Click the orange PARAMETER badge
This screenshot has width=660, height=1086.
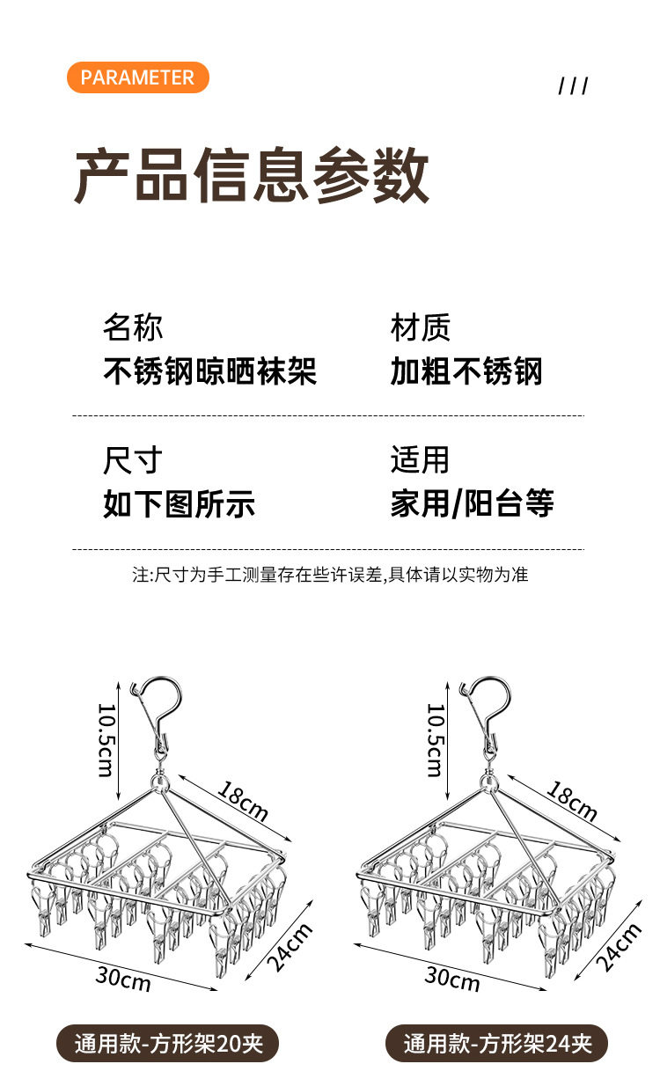pos(137,77)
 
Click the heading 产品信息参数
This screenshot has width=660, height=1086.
pos(252,176)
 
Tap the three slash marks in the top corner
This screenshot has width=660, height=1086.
pos(573,85)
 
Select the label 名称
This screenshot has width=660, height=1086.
pos(133,327)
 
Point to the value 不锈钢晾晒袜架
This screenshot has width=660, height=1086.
pos(209,371)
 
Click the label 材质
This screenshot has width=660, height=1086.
pos(421,327)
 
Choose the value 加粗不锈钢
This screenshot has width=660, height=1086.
pos(466,371)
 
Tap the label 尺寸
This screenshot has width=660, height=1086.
pos(133,460)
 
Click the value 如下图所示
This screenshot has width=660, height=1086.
pos(179,504)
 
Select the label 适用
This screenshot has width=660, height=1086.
pos(421,460)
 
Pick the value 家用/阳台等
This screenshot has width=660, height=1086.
pos(473,504)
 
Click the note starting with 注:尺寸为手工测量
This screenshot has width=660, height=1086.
pos(330,575)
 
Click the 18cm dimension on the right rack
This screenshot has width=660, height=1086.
pos(572,799)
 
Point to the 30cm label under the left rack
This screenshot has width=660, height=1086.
pos(123,978)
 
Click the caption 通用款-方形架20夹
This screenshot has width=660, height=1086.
pos(168,1045)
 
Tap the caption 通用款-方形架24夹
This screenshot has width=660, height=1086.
pos(497,1045)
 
